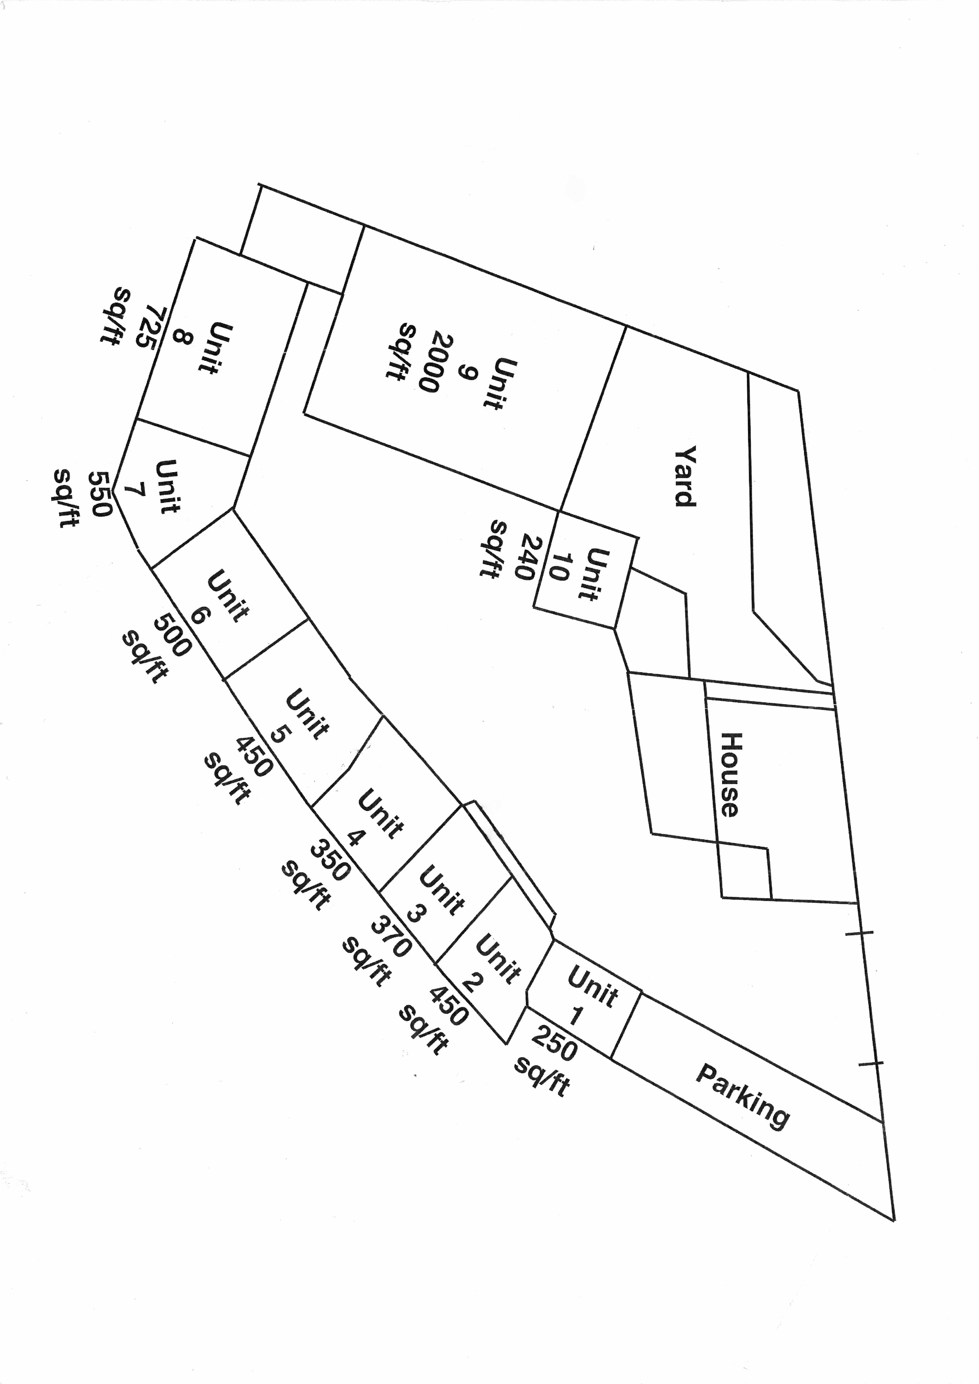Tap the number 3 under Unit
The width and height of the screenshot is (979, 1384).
point(414,914)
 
